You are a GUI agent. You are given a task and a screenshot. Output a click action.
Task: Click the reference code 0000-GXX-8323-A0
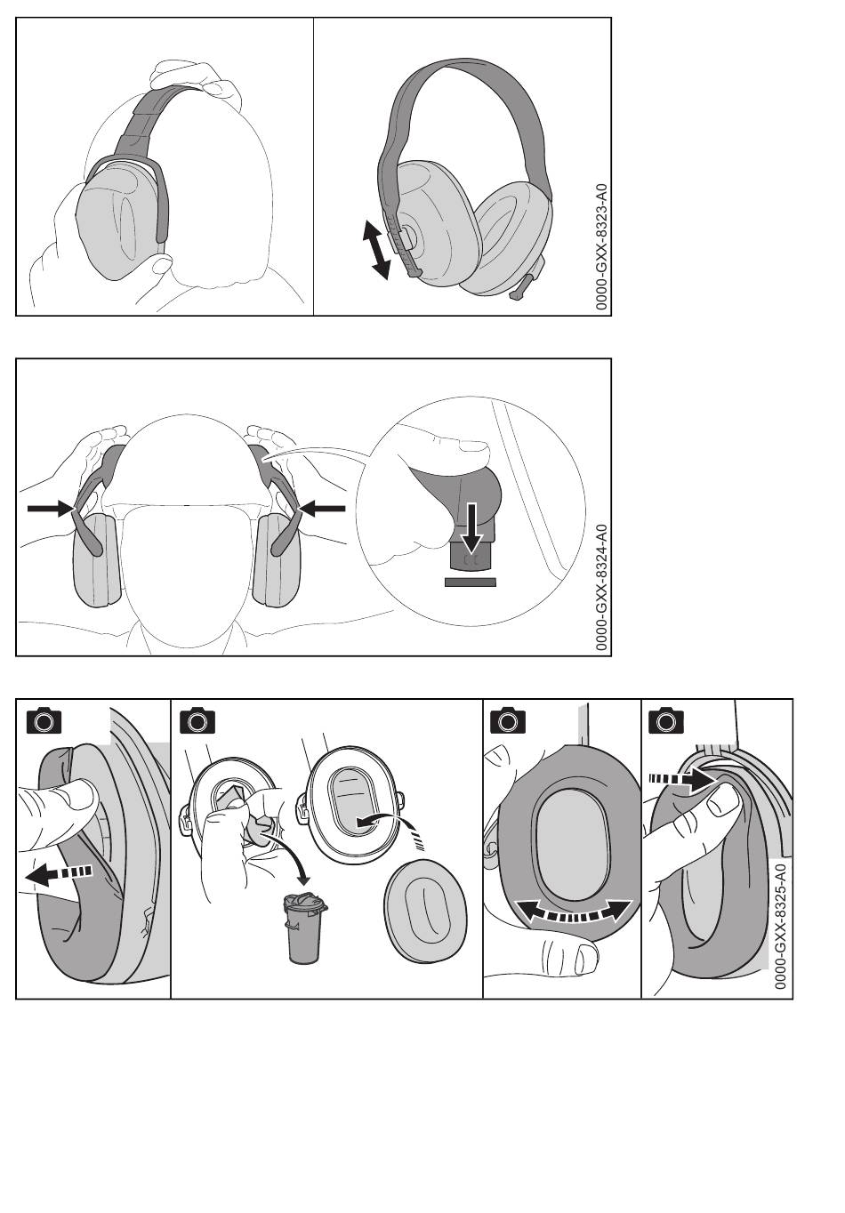(601, 247)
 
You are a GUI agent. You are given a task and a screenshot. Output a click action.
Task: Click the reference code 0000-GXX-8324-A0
(601, 588)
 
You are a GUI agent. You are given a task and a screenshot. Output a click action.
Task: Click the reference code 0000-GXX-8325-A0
(780, 927)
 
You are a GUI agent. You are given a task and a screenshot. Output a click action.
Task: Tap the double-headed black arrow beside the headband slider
(376, 250)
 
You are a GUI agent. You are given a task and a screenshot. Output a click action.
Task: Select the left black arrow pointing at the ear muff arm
(51, 508)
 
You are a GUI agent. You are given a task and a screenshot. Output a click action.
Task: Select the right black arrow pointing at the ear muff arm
(322, 508)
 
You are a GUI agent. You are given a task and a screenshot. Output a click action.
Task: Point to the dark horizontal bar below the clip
(471, 582)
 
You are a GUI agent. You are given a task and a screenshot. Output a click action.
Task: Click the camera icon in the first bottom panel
(44, 720)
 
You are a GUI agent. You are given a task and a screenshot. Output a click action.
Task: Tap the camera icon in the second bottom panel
(197, 720)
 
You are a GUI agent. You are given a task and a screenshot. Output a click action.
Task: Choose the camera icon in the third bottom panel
(508, 720)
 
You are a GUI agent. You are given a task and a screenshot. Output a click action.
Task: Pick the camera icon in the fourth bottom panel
(665, 720)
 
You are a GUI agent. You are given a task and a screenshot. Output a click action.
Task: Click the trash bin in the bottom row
(305, 928)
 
